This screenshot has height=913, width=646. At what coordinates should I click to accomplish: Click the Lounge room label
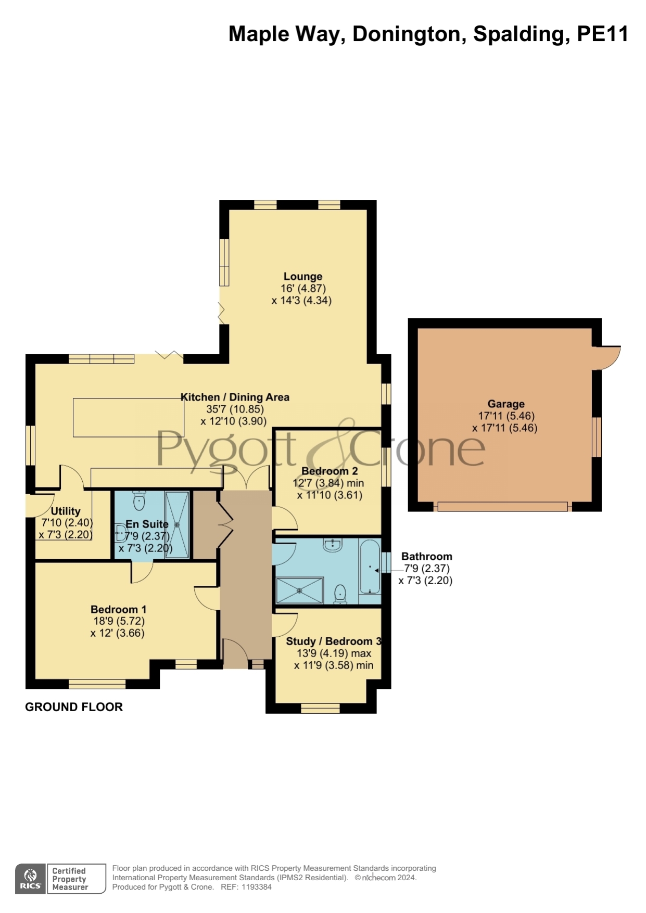302,276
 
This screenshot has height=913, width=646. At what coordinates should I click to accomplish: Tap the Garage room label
505,404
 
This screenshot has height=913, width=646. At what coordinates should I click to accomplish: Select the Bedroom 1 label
118,609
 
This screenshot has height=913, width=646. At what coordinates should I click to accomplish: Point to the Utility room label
66,511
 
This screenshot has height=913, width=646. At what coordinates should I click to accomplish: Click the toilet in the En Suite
139,500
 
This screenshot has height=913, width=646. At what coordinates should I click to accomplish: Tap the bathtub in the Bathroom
370,568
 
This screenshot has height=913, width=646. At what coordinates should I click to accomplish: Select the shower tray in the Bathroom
299,590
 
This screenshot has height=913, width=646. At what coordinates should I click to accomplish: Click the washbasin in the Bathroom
333,545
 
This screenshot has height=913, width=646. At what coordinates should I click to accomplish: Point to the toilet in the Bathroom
340,594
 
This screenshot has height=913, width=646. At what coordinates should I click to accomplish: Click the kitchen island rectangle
129,417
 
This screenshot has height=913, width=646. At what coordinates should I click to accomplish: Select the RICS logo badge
30,879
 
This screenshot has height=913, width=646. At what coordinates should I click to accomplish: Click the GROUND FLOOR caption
74,707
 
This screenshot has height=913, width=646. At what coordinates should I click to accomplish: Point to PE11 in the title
603,34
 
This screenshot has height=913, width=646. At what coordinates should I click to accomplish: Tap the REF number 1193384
256,887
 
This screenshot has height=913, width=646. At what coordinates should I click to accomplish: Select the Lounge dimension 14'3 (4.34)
301,300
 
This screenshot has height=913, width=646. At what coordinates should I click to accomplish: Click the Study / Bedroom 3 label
334,641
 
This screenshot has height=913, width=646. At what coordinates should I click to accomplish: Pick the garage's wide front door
502,506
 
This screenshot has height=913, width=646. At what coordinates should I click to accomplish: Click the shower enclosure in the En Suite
177,524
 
